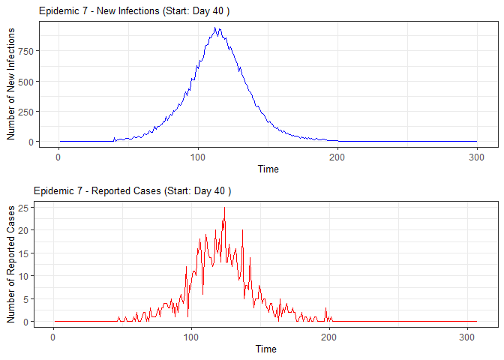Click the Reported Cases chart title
point(133,191)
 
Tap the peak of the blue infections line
point(216,28)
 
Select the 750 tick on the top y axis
point(24,51)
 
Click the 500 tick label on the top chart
point(24,81)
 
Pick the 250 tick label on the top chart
point(24,111)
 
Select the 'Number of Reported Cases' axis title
point(11,263)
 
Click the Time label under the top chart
point(268,169)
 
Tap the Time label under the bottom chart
point(265,349)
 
